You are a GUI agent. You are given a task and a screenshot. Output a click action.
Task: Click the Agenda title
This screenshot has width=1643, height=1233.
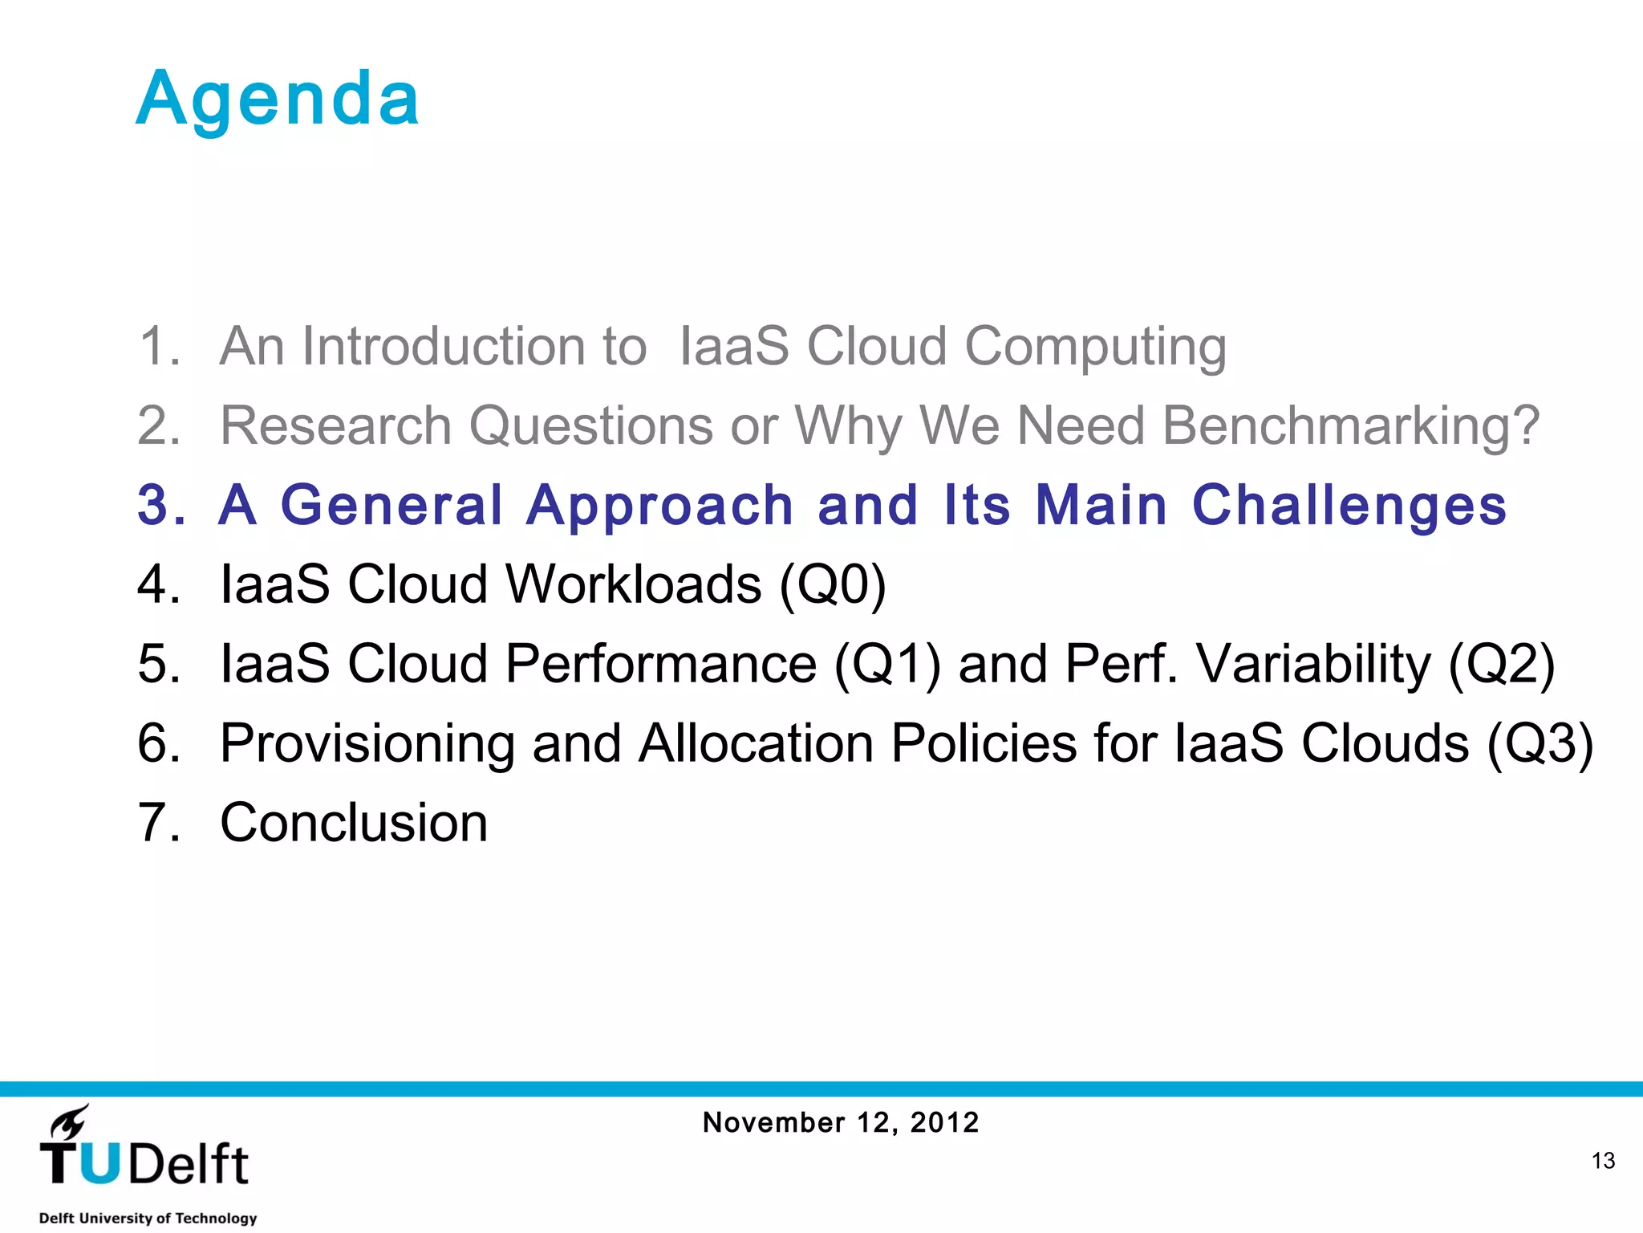coord(278,100)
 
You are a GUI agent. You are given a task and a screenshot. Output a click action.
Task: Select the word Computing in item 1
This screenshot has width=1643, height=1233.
coord(1095,347)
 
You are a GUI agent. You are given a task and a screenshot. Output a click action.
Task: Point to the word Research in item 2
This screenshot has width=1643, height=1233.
coord(335,425)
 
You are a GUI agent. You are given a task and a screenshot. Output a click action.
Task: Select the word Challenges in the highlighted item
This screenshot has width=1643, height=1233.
coord(1349,506)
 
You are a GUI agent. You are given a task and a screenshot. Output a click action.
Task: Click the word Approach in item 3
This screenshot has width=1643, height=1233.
coord(659,506)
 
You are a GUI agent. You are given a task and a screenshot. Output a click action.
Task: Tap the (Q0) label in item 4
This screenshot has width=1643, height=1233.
coord(833,584)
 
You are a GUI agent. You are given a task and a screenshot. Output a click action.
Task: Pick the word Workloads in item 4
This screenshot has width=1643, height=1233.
coord(634,584)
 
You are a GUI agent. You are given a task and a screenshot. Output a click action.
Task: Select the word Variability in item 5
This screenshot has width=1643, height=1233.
coord(1312,665)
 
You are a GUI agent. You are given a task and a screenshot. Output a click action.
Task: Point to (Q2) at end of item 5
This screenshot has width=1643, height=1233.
coord(1502,665)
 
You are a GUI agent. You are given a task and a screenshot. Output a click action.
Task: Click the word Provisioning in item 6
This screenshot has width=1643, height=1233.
coord(367,743)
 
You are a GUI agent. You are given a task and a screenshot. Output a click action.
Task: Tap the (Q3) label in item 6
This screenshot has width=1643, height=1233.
coord(1540,743)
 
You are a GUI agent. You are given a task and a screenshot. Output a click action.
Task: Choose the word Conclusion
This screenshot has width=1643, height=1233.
coord(354,824)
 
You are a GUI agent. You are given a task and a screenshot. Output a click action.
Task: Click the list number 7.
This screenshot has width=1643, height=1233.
coord(158,824)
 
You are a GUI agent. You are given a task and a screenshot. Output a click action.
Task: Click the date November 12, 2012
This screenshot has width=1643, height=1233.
coord(841,1122)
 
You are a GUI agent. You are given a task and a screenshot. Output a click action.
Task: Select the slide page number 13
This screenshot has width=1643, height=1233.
coord(1603,1161)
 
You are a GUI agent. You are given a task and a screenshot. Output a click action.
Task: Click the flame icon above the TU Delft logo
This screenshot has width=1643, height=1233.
coord(70,1122)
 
